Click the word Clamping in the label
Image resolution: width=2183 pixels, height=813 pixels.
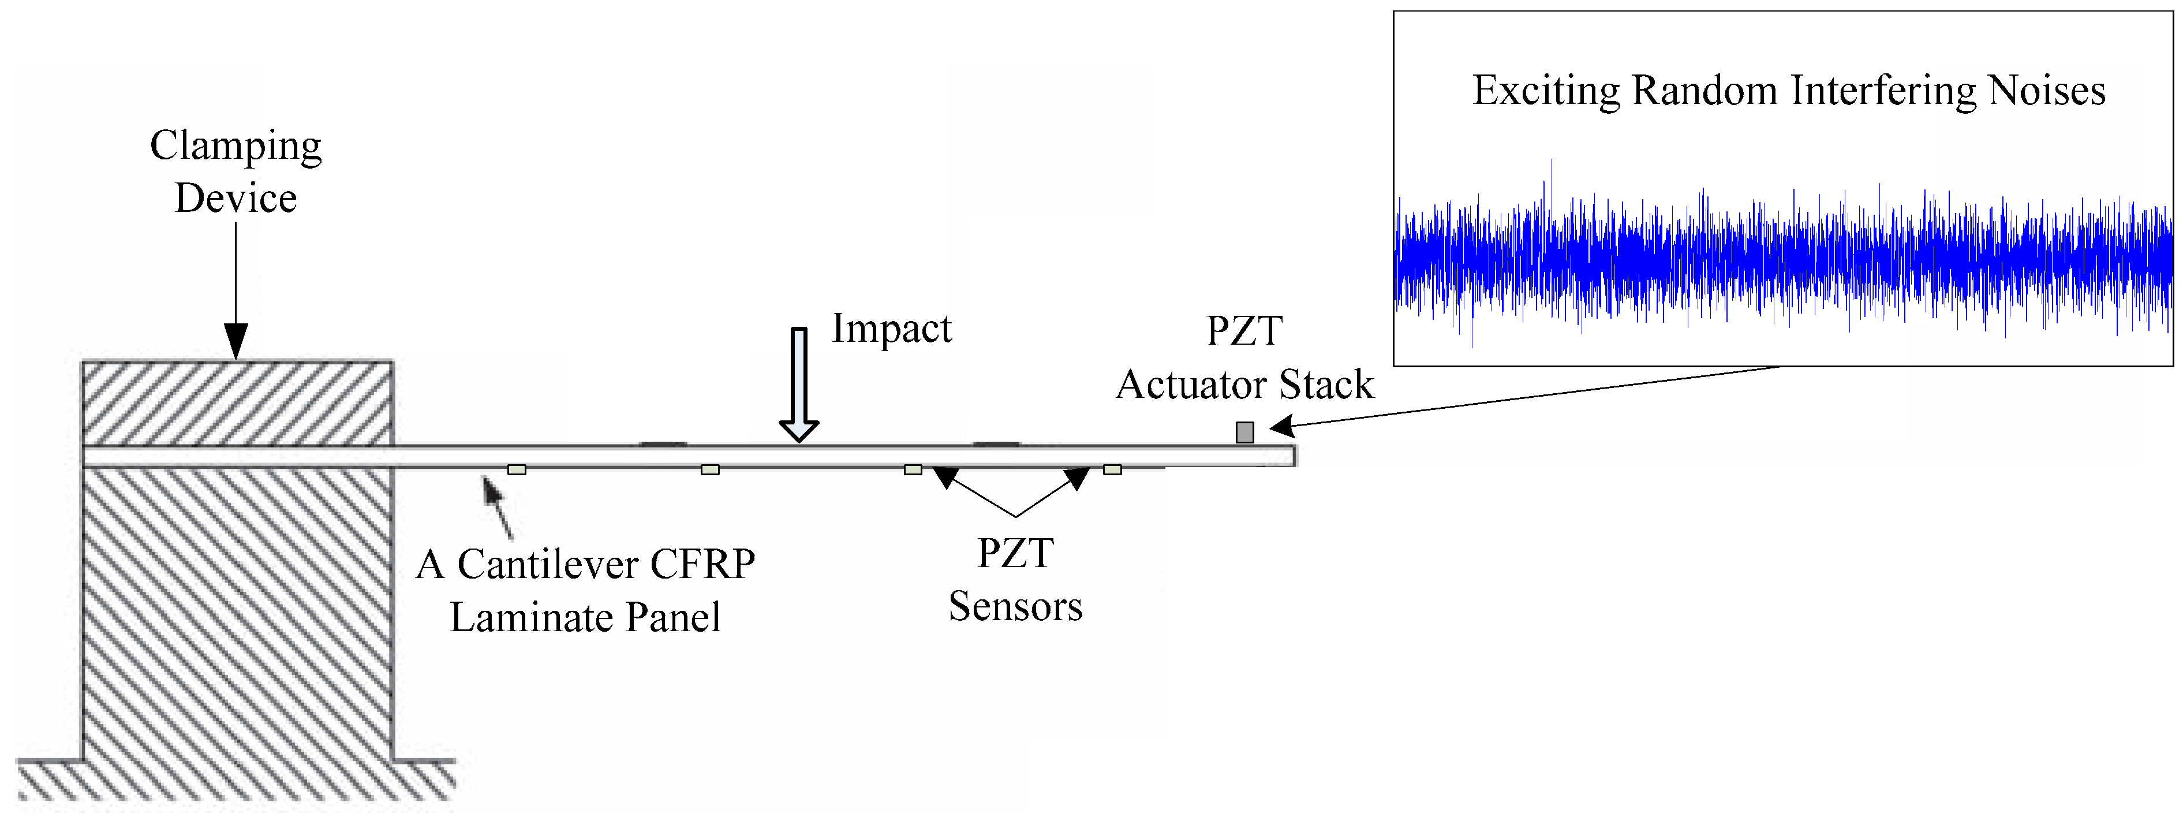(236, 147)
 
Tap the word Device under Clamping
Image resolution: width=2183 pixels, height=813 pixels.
(236, 199)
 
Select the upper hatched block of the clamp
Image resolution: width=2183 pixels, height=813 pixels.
(237, 404)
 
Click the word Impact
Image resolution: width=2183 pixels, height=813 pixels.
(892, 329)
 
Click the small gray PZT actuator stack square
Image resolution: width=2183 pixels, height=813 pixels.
(1244, 432)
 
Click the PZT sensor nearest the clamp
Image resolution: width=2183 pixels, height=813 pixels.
(516, 469)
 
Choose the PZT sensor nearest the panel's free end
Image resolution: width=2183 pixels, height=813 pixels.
(1112, 469)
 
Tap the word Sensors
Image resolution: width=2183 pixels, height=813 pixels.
(1015, 607)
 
